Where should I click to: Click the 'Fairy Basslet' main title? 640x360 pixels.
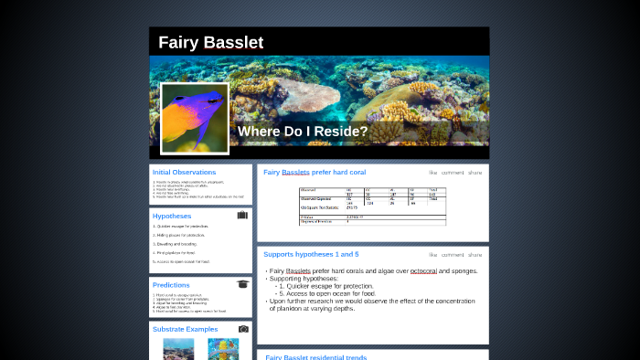pos(210,43)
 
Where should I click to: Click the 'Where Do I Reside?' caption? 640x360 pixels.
pos(303,132)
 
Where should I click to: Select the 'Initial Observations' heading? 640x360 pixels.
pos(184,172)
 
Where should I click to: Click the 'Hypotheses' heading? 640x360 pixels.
pos(172,217)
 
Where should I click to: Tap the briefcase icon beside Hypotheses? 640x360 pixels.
pos(242,216)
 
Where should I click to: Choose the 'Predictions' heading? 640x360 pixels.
pos(171,285)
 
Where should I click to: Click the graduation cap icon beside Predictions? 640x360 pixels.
pos(242,284)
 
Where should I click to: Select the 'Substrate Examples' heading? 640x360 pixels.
pos(186,329)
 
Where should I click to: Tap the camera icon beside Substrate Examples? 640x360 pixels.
pos(243,329)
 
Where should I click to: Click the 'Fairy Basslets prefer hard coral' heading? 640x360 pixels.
pos(315,172)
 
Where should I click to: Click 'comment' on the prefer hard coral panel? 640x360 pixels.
pos(452,172)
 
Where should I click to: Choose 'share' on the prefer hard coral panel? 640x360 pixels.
pos(475,172)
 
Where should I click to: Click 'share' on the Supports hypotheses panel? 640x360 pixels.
pos(475,254)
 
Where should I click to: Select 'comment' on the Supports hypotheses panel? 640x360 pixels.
pos(452,254)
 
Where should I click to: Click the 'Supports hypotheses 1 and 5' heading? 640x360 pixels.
pos(311,254)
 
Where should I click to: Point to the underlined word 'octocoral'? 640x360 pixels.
pos(423,271)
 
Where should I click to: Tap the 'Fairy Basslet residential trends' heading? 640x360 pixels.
pos(315,357)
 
